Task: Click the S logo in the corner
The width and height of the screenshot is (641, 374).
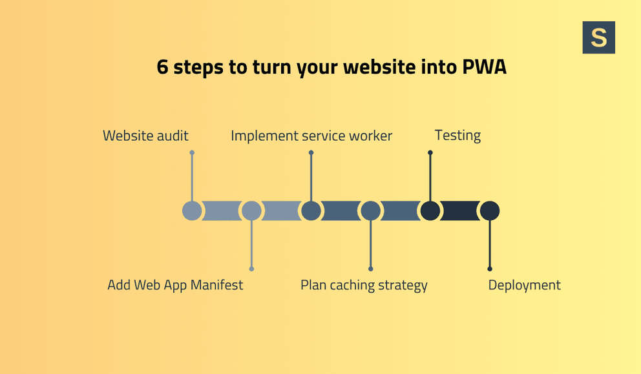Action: pos(598,37)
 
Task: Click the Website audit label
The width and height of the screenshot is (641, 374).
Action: pos(145,136)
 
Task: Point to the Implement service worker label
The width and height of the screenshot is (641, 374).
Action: pos(311,136)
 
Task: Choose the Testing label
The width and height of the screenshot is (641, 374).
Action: pos(457,136)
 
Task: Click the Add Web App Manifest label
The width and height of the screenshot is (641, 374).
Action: pos(175,285)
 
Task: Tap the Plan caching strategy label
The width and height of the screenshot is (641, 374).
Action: pos(364,285)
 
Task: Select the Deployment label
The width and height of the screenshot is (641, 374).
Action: pos(524,285)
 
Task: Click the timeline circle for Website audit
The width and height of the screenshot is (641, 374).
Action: pos(192,211)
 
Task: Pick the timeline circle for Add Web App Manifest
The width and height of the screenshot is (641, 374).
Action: pos(251,211)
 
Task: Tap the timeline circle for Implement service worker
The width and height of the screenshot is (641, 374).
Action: pos(311,211)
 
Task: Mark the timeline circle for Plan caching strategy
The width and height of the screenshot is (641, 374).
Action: pos(370,211)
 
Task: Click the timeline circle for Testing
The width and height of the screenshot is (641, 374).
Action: pos(430,211)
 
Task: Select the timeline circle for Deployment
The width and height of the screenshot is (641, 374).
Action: pos(490,211)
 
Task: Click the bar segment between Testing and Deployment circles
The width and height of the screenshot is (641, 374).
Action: pos(460,211)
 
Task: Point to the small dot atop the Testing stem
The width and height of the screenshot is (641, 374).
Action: pos(430,153)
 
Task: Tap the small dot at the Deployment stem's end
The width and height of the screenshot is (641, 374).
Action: pos(490,269)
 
